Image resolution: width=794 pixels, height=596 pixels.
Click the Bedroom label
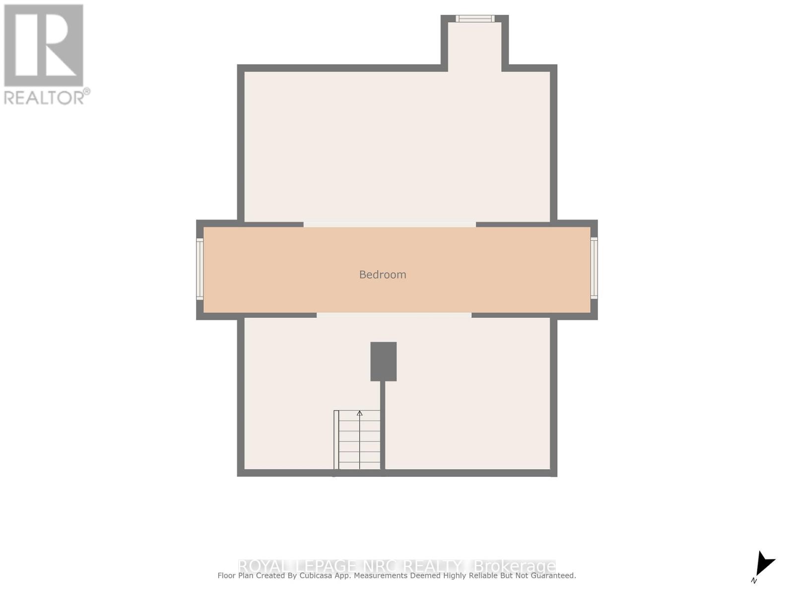[383, 275]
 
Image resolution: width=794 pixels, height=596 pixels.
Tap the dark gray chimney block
[383, 361]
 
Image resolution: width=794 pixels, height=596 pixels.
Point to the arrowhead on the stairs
[360, 413]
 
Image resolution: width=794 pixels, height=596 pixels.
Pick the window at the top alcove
[475, 19]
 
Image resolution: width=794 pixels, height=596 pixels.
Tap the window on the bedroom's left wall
[199, 269]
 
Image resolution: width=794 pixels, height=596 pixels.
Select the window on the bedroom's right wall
[594, 268]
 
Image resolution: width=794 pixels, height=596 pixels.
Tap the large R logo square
[44, 46]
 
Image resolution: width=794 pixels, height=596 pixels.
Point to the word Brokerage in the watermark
[515, 566]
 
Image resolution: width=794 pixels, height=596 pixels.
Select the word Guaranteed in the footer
[552, 576]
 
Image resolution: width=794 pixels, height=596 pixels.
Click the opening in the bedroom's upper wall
[390, 224]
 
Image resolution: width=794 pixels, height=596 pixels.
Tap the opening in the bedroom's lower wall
[394, 315]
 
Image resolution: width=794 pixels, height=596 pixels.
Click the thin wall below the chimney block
[383, 425]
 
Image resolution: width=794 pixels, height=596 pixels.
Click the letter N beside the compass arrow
[754, 581]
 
